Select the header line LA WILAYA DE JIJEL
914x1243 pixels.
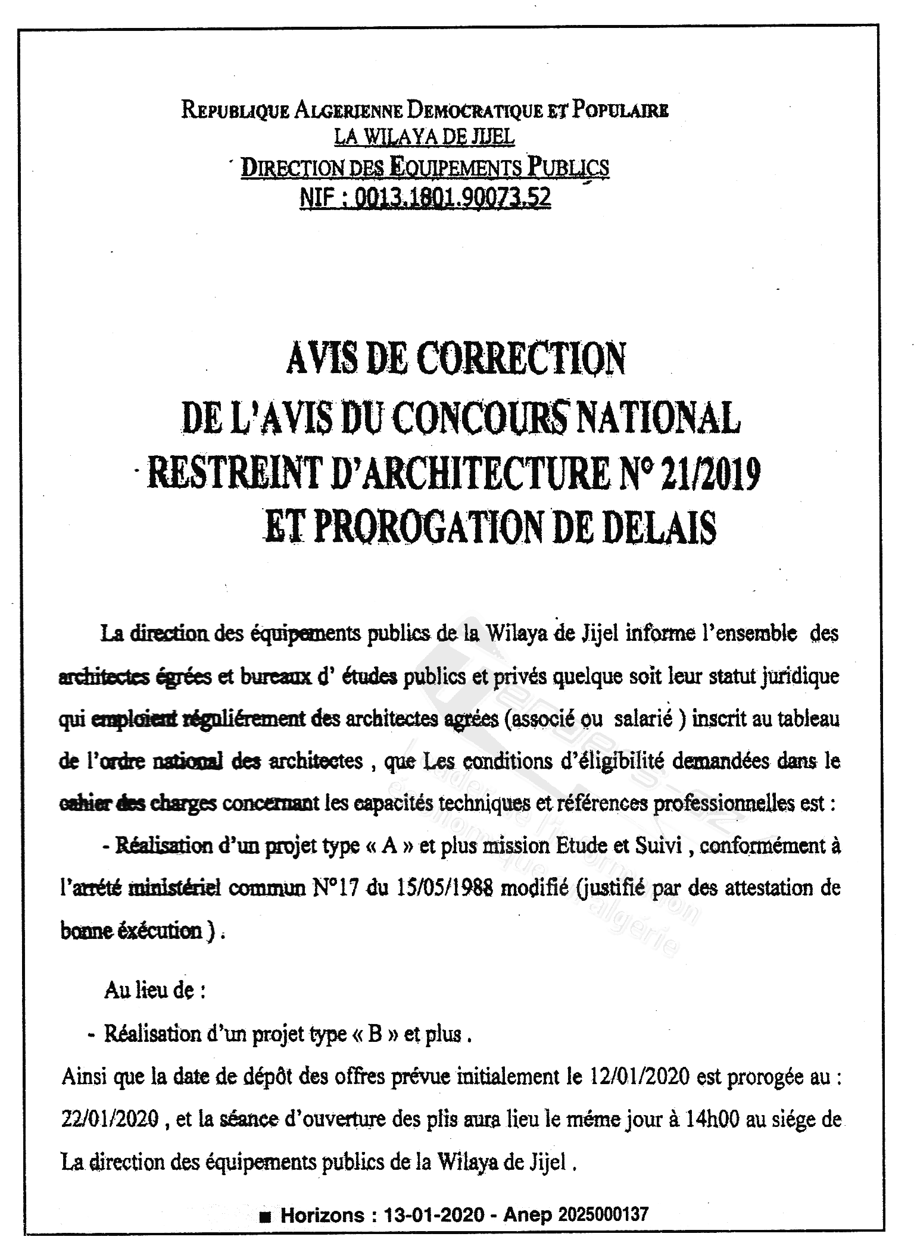pyautogui.click(x=424, y=137)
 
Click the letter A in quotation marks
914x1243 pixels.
pyautogui.click(x=390, y=847)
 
